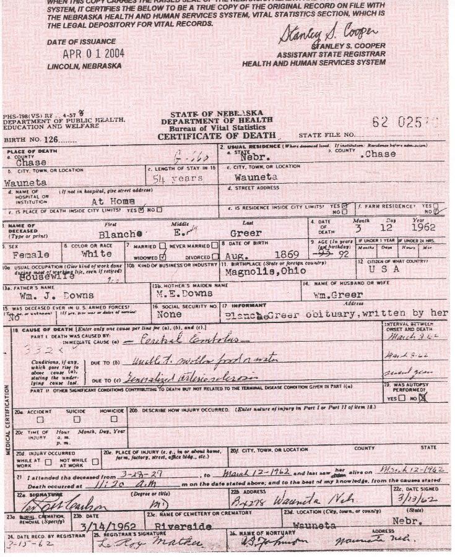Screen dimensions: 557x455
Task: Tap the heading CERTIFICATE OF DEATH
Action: (212, 136)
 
